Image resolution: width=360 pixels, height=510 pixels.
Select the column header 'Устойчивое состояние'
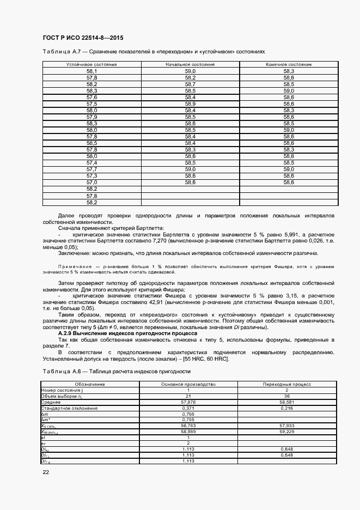[91, 64]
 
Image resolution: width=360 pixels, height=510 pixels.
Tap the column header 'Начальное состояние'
[190, 64]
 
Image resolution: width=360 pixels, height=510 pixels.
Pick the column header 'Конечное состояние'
[289, 64]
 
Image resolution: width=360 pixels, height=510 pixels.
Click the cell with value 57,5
[91, 104]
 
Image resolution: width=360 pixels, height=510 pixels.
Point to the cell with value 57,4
[91, 163]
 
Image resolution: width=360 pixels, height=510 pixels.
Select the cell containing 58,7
[190, 84]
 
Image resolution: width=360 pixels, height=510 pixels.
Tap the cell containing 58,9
[190, 104]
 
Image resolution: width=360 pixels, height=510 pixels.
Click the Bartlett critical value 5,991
[296, 233]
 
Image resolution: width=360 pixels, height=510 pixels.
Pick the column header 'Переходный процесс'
[286, 384]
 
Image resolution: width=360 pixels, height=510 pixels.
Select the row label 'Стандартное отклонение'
[70, 408]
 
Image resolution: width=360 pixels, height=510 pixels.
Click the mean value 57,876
[187, 402]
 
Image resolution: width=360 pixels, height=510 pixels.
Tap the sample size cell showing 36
[286, 396]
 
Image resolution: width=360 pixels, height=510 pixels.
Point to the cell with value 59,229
[286, 432]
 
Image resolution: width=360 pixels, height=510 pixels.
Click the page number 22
[46, 472]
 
